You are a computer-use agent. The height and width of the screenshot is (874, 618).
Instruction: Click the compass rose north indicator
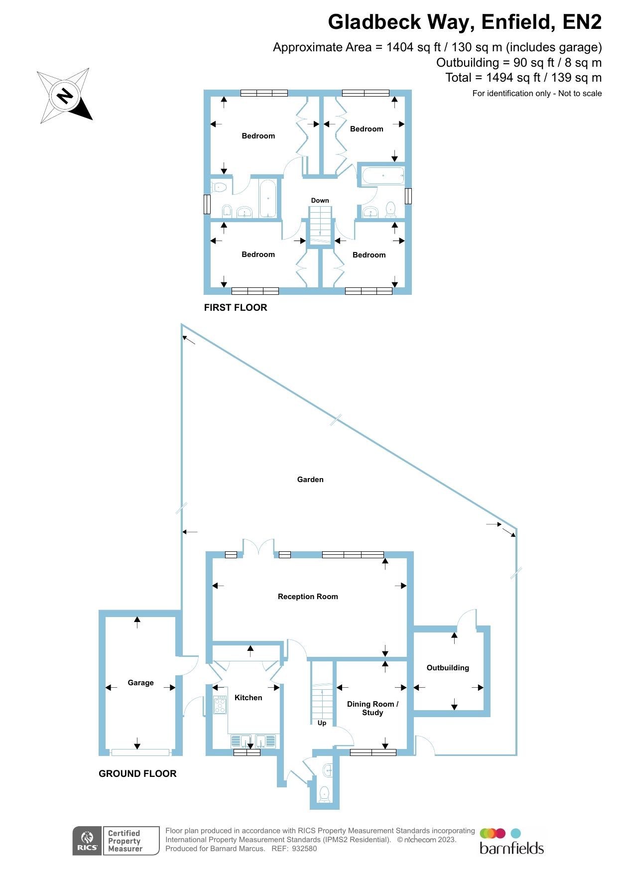[x=65, y=95]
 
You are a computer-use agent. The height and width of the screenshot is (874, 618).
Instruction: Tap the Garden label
[x=310, y=480]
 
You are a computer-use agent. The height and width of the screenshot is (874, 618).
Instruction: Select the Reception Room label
[x=308, y=597]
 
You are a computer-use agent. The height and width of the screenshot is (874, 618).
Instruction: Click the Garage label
[x=140, y=683]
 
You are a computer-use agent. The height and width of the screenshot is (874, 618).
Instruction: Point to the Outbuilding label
[x=448, y=668]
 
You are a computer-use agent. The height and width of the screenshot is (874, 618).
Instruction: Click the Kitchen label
[x=248, y=698]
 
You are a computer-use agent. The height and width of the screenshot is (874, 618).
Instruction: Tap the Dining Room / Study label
[x=372, y=708]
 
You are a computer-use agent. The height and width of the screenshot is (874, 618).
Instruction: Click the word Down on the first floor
[x=320, y=201]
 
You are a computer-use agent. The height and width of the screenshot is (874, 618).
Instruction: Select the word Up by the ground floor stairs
[x=322, y=723]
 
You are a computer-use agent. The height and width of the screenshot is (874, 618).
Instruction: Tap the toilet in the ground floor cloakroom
[x=324, y=793]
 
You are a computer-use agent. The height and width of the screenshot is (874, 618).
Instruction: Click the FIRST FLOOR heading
[x=236, y=308]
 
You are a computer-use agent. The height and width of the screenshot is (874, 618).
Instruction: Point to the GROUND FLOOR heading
[x=137, y=774]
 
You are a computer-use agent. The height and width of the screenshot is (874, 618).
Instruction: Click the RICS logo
[x=87, y=841]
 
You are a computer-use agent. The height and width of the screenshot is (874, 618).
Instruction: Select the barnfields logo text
[x=511, y=849]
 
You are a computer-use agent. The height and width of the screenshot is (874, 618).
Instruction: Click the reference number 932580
[x=304, y=849]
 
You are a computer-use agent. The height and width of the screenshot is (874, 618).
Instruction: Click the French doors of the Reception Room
[x=258, y=548]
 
